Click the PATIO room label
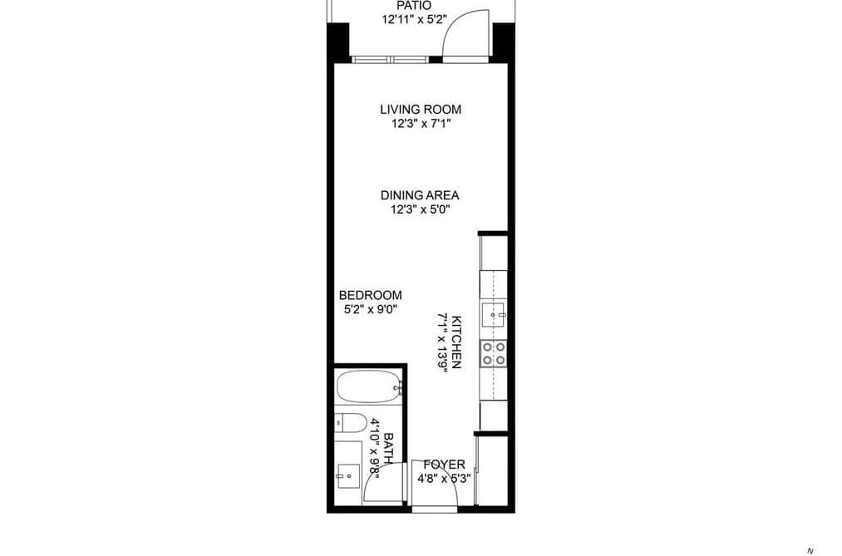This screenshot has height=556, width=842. [x=413, y=6]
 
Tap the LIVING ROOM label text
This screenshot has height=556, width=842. [x=421, y=110]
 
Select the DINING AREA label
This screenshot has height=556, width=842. [x=420, y=195]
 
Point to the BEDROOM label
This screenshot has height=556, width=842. [x=371, y=295]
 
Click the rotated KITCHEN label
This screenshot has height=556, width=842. [x=456, y=342]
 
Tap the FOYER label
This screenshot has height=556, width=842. [x=444, y=465]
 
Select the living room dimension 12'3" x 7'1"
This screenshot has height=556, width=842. [x=421, y=124]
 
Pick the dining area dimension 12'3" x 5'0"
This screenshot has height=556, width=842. [x=420, y=209]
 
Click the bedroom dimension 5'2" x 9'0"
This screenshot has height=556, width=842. [x=371, y=310]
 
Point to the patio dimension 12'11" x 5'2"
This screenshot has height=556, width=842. [x=414, y=20]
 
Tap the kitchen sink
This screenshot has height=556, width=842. [x=494, y=314]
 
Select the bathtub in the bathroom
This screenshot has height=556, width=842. [x=369, y=386]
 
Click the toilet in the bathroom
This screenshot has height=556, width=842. [x=350, y=423]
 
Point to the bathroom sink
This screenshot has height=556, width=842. [x=348, y=475]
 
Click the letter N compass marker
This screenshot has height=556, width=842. [x=810, y=551]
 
